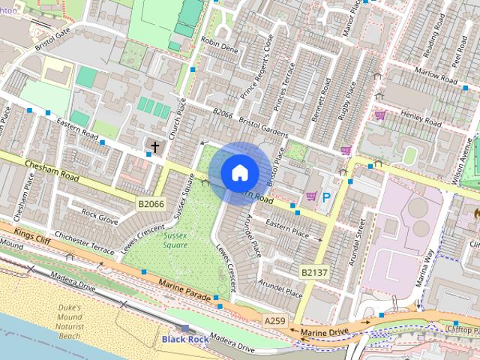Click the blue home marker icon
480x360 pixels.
239,172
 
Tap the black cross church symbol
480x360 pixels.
155,146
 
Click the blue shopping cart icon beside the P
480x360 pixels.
310,196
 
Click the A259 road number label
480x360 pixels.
274,321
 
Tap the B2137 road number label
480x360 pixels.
314,272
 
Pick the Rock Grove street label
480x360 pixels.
100,217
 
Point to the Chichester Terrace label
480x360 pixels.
79,242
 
